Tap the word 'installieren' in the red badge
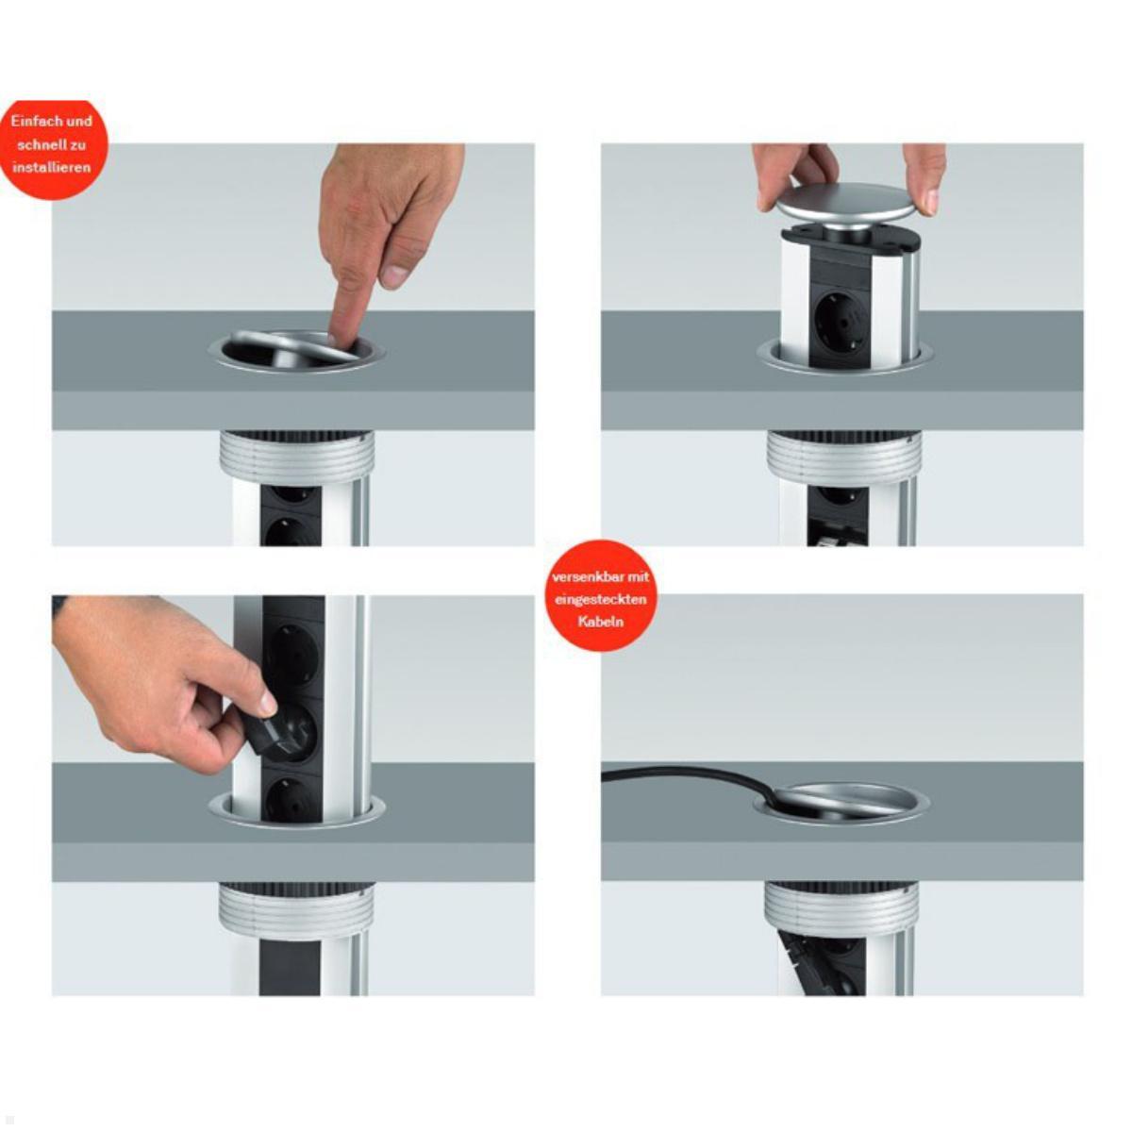[x=52, y=167]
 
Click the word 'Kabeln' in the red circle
[x=600, y=622]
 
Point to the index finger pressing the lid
[x=352, y=307]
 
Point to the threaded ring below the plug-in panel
[x=296, y=910]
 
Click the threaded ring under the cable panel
[x=841, y=910]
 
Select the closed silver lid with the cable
[x=841, y=801]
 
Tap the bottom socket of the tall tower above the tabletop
[x=291, y=795]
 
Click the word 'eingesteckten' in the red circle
[x=600, y=599]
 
